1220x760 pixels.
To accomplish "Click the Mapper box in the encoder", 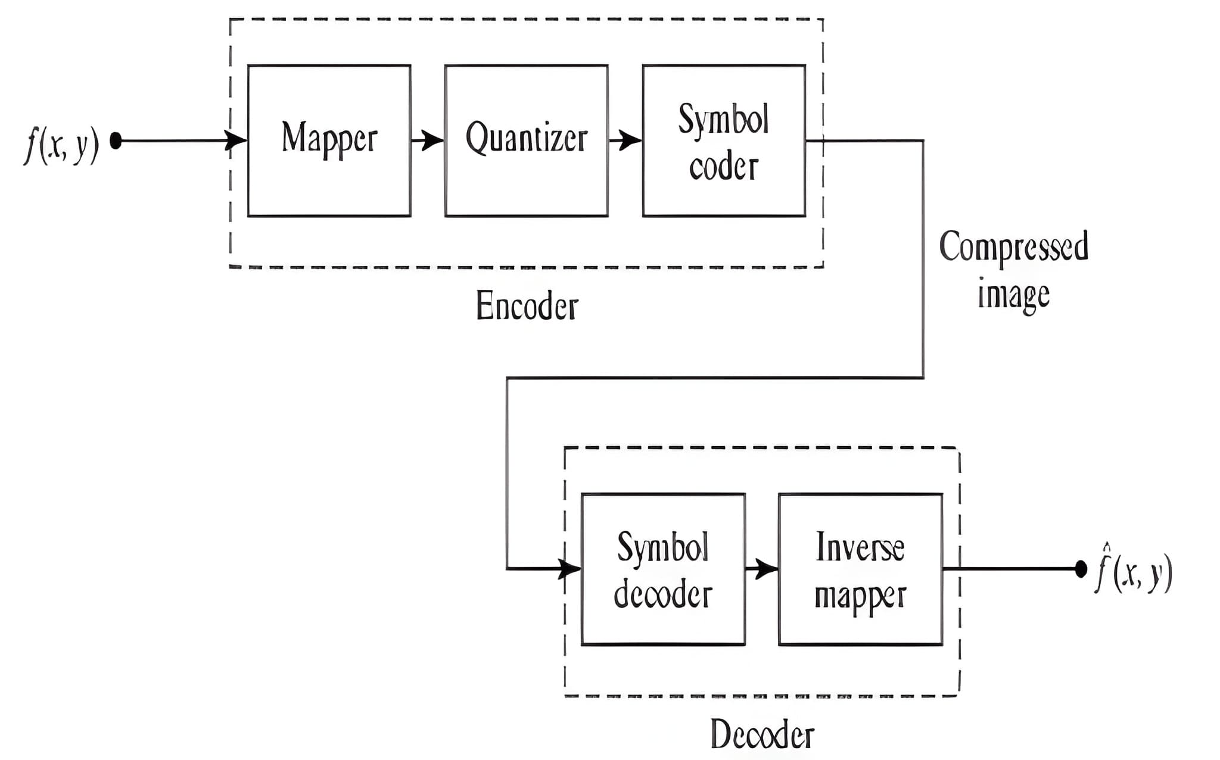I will click(x=329, y=141).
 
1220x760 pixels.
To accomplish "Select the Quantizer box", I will click(x=526, y=141).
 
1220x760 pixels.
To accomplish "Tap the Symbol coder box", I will click(x=724, y=141).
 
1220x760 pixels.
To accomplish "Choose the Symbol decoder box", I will click(x=663, y=569).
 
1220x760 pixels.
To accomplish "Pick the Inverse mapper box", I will click(x=860, y=569).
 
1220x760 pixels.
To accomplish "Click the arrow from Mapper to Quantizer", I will click(x=428, y=141).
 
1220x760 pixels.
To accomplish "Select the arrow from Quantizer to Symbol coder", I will click(x=625, y=141).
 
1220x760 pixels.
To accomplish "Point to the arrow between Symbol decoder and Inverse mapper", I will click(x=762, y=569).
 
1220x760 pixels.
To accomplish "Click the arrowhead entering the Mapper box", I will click(x=236, y=141).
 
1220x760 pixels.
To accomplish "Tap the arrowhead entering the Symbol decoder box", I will click(x=570, y=569).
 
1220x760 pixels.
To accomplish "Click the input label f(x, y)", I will click(x=61, y=145).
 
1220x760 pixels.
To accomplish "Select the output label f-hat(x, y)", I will click(x=1134, y=573).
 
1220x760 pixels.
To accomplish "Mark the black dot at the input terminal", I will click(x=116, y=141).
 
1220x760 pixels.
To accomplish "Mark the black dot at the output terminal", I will click(x=1081, y=569).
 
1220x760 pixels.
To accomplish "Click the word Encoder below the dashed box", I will click(x=527, y=307).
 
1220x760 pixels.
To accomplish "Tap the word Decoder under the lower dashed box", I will click(x=762, y=734).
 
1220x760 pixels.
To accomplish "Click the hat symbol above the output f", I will click(x=1106, y=546).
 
